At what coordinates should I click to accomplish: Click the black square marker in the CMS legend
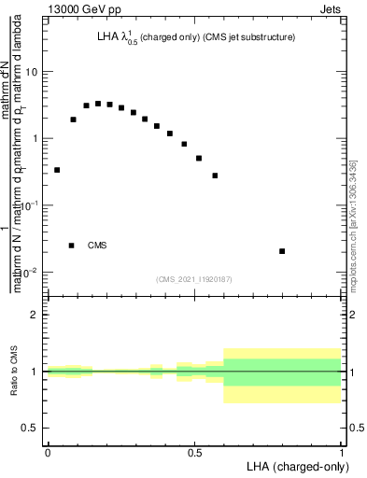tap(71, 246)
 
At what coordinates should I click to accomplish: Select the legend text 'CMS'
tap(97, 246)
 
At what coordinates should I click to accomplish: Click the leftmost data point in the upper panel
tap(57, 170)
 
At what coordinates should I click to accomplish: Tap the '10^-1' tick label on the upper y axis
tap(31, 205)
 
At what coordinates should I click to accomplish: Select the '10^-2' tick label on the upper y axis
tap(31, 272)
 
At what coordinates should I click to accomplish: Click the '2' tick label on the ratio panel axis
tap(35, 315)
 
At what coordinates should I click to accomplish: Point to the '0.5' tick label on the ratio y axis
tap(32, 428)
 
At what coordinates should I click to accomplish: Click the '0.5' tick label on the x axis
tap(194, 453)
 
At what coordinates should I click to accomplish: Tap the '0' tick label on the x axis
tap(48, 453)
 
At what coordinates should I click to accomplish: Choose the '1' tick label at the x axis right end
tap(342, 453)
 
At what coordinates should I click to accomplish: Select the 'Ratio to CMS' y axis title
tap(14, 372)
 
